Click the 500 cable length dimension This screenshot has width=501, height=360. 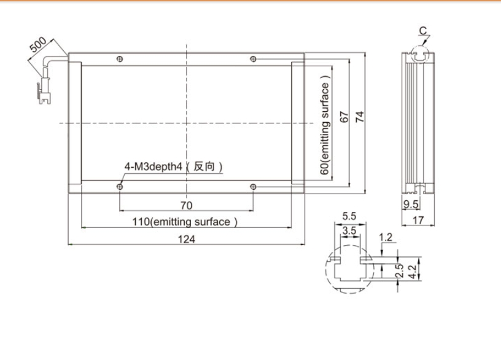pyautogui.click(x=38, y=44)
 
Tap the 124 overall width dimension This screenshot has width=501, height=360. pyautogui.click(x=186, y=239)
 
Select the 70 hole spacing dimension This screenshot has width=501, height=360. pyautogui.click(x=186, y=205)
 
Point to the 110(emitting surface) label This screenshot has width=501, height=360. pyautogui.click(x=185, y=222)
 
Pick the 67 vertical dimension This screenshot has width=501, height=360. pyautogui.click(x=344, y=117)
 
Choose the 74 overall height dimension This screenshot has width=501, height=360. pyautogui.click(x=360, y=117)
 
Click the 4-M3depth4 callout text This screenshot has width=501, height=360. pyautogui.click(x=153, y=166)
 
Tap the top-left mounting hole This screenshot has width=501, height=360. pyautogui.click(x=120, y=59)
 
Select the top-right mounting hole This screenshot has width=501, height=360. pyautogui.click(x=253, y=59)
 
